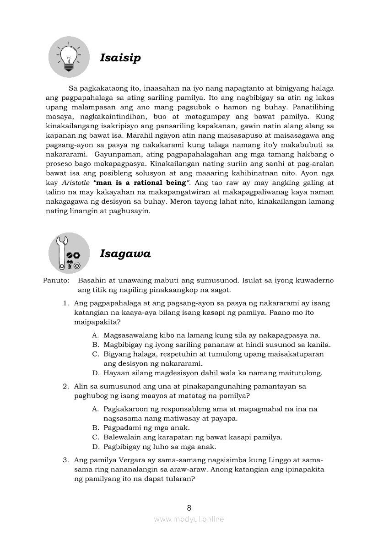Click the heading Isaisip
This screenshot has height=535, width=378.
(x=120, y=58)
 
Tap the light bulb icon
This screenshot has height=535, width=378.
(x=69, y=57)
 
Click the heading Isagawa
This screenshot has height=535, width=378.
(x=125, y=254)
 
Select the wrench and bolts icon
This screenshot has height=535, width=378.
(x=69, y=253)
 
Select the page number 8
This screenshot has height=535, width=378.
(x=189, y=507)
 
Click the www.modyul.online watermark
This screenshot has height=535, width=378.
(x=189, y=519)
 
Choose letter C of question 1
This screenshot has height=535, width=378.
(x=96, y=354)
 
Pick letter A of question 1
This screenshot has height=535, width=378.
(x=95, y=335)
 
